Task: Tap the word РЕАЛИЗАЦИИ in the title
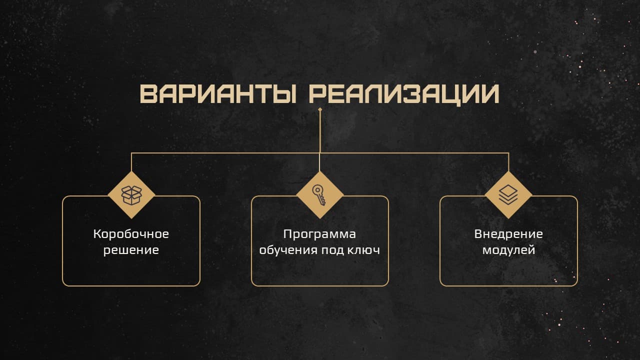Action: (404, 95)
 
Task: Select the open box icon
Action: (131, 195)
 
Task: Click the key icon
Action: (319, 195)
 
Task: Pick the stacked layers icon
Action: (508, 194)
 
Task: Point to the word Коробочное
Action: (131, 234)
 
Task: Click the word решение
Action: (131, 250)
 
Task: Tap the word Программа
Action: (319, 234)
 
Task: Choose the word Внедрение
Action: (508, 234)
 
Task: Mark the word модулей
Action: (508, 250)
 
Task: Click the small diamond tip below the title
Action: (320, 109)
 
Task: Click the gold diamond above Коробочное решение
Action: (131, 195)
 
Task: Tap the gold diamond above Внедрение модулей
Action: (508, 195)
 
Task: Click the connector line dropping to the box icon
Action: (131, 162)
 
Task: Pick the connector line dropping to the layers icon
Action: (508, 162)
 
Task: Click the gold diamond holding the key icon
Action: (320, 195)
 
